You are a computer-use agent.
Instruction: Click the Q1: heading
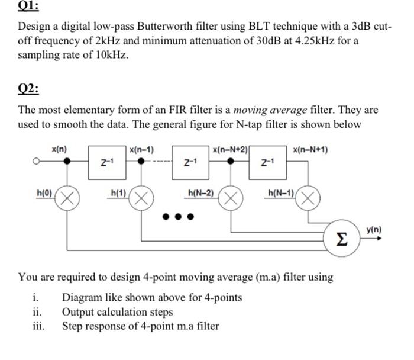pos(28,7)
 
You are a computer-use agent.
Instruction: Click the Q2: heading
pos(28,89)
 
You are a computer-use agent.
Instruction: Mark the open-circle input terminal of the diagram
pos(36,160)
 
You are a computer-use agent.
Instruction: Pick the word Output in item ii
pos(79,312)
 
